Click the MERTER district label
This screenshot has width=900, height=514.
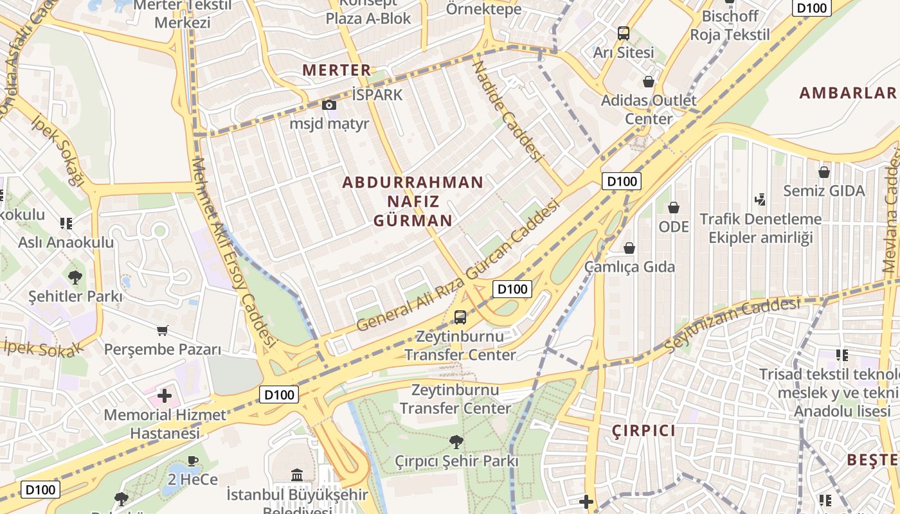tap(337, 70)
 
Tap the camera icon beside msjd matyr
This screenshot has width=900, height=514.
tap(328, 105)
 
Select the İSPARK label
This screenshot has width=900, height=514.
tap(377, 95)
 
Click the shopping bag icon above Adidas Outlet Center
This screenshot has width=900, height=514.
tap(649, 82)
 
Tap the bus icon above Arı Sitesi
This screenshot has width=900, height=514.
tap(623, 33)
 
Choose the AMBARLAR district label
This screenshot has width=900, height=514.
tap(848, 93)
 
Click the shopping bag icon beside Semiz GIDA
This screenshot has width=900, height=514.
tap(824, 172)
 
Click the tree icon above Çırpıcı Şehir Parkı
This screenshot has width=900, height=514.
tap(456, 442)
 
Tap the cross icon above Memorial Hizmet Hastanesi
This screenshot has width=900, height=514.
tap(165, 395)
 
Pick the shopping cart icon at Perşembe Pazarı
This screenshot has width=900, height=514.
tap(163, 331)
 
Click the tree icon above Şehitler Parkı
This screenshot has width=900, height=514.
tap(75, 278)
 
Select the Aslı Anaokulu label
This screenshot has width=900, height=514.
tap(66, 243)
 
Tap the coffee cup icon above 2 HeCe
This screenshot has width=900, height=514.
tap(193, 460)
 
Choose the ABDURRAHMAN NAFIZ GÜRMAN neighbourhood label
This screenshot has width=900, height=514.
tap(413, 201)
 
